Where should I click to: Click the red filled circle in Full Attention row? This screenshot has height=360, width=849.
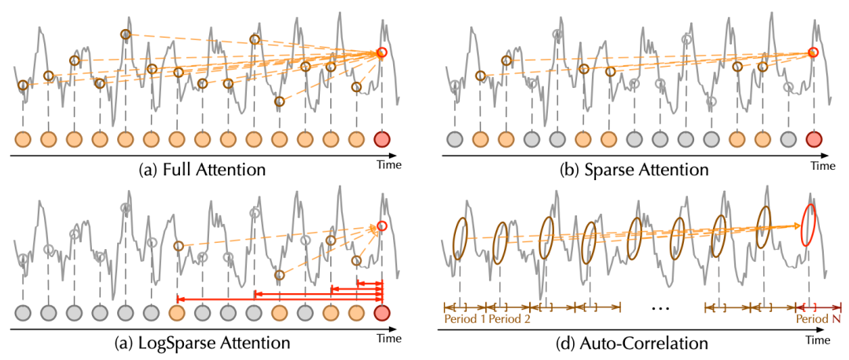(x=382, y=140)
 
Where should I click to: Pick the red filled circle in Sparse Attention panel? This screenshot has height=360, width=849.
(x=813, y=140)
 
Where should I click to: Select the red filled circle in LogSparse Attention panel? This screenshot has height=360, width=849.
(x=382, y=314)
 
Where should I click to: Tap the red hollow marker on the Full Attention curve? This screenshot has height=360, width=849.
(x=382, y=53)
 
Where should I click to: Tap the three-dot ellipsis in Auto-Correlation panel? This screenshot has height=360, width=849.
(x=660, y=308)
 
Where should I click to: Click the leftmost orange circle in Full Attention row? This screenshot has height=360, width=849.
(x=23, y=140)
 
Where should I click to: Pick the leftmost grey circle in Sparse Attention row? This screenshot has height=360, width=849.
(x=454, y=140)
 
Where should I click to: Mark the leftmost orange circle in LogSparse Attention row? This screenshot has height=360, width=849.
(x=177, y=314)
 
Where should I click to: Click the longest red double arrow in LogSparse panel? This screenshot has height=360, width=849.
(x=279, y=299)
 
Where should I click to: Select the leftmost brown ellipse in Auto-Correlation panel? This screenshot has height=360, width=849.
(x=460, y=235)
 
